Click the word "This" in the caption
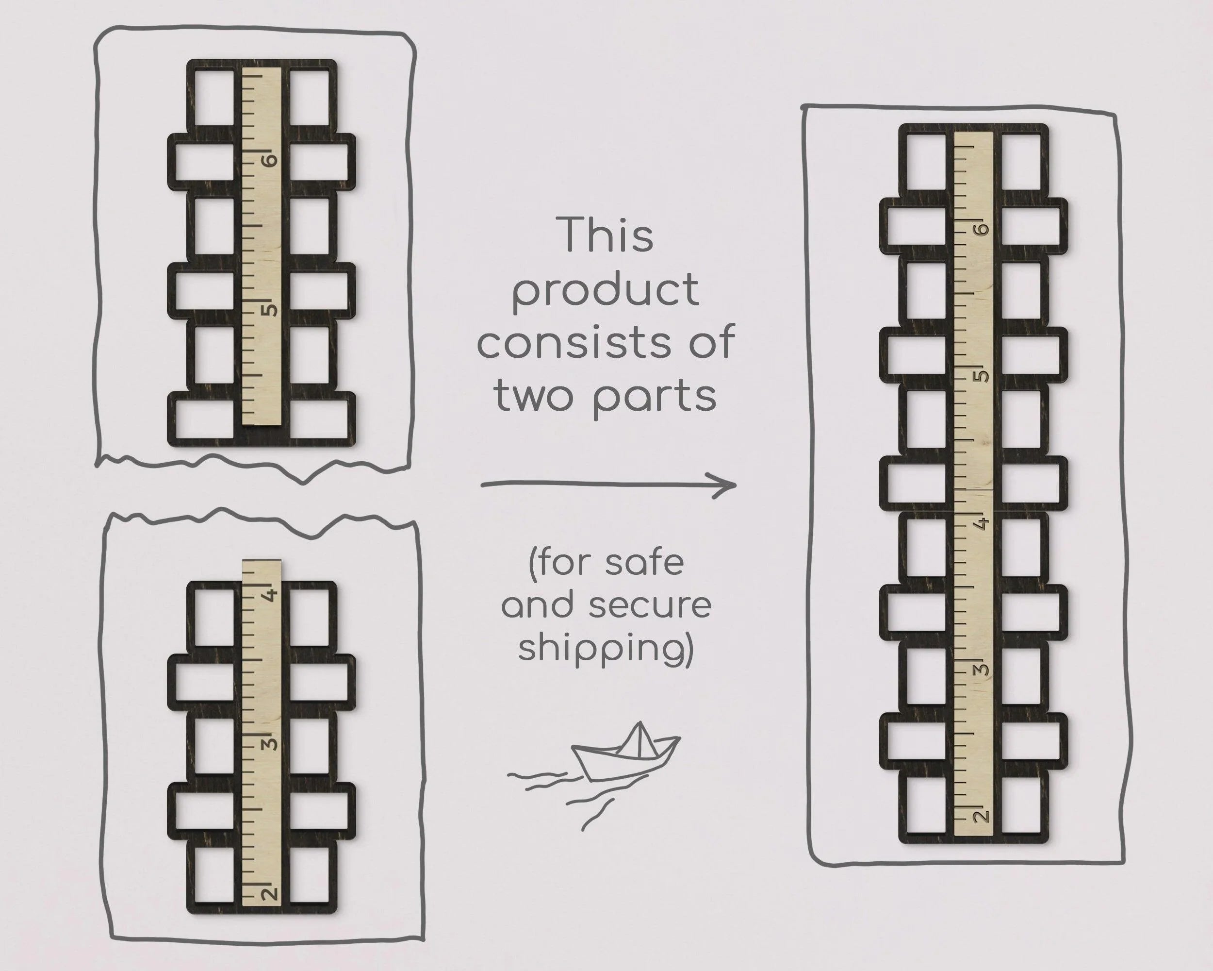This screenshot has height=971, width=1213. [x=606, y=234]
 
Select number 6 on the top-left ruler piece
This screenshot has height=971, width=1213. [x=271, y=160]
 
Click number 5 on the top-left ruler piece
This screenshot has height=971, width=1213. [x=271, y=310]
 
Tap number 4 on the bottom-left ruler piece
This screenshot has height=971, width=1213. [x=271, y=594]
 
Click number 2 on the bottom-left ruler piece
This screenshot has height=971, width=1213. [x=271, y=893]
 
